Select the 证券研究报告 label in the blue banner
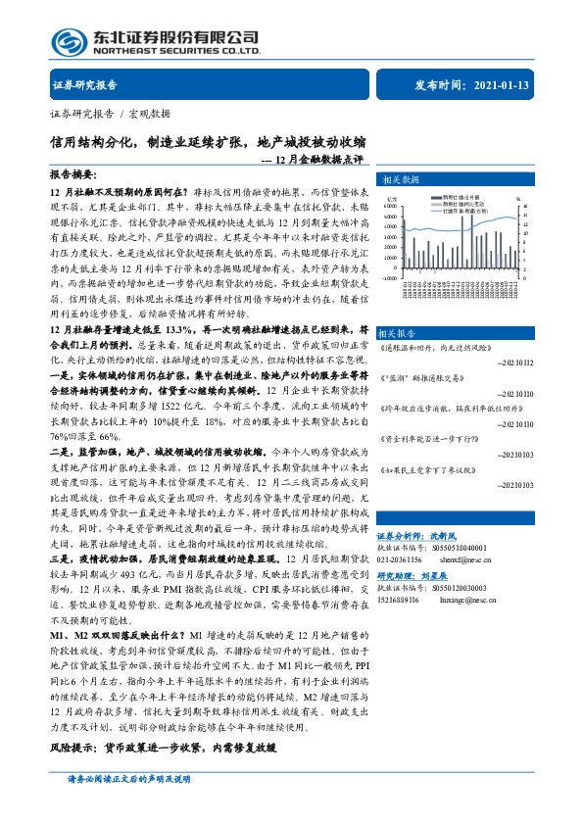tap(84, 86)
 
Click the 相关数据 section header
tap(402, 180)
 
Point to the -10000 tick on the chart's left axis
tap(391, 277)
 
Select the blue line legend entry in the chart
tap(460, 211)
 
